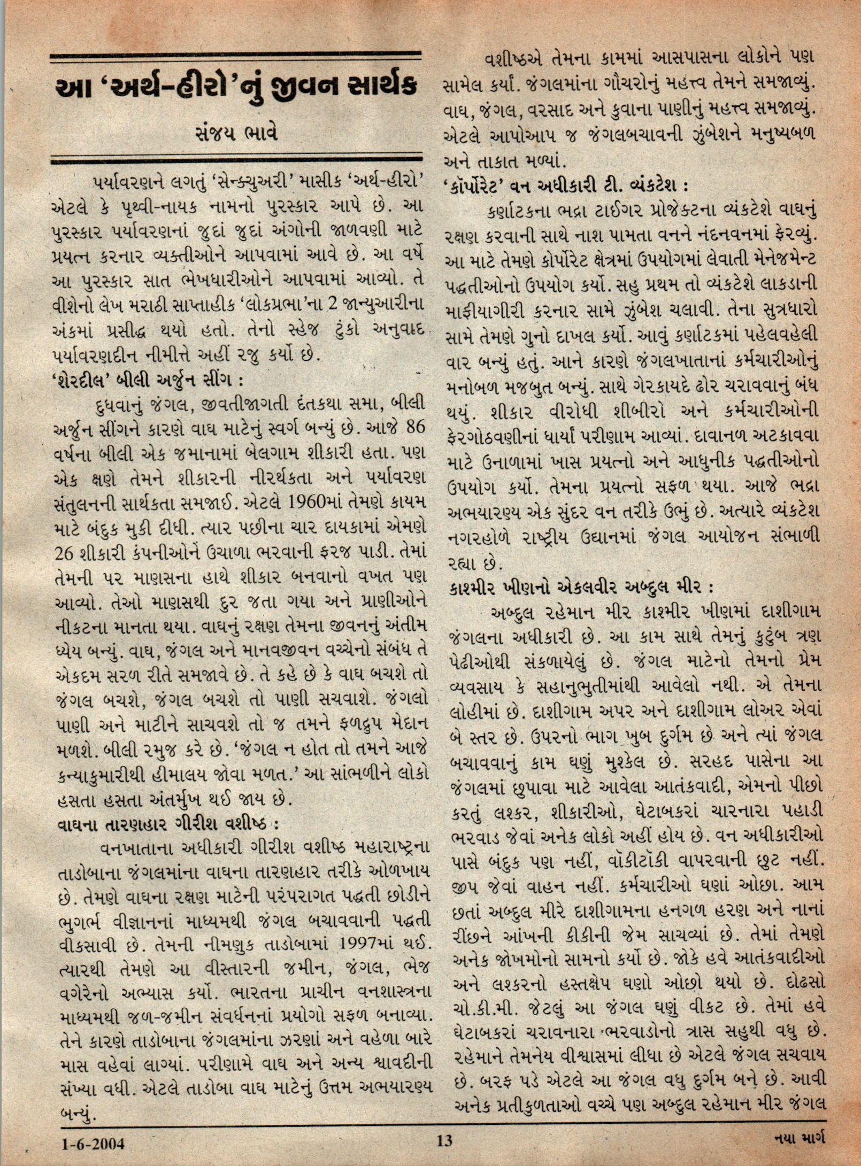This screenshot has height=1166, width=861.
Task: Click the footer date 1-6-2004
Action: (91, 1144)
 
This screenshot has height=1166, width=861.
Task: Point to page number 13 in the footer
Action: (444, 1142)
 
